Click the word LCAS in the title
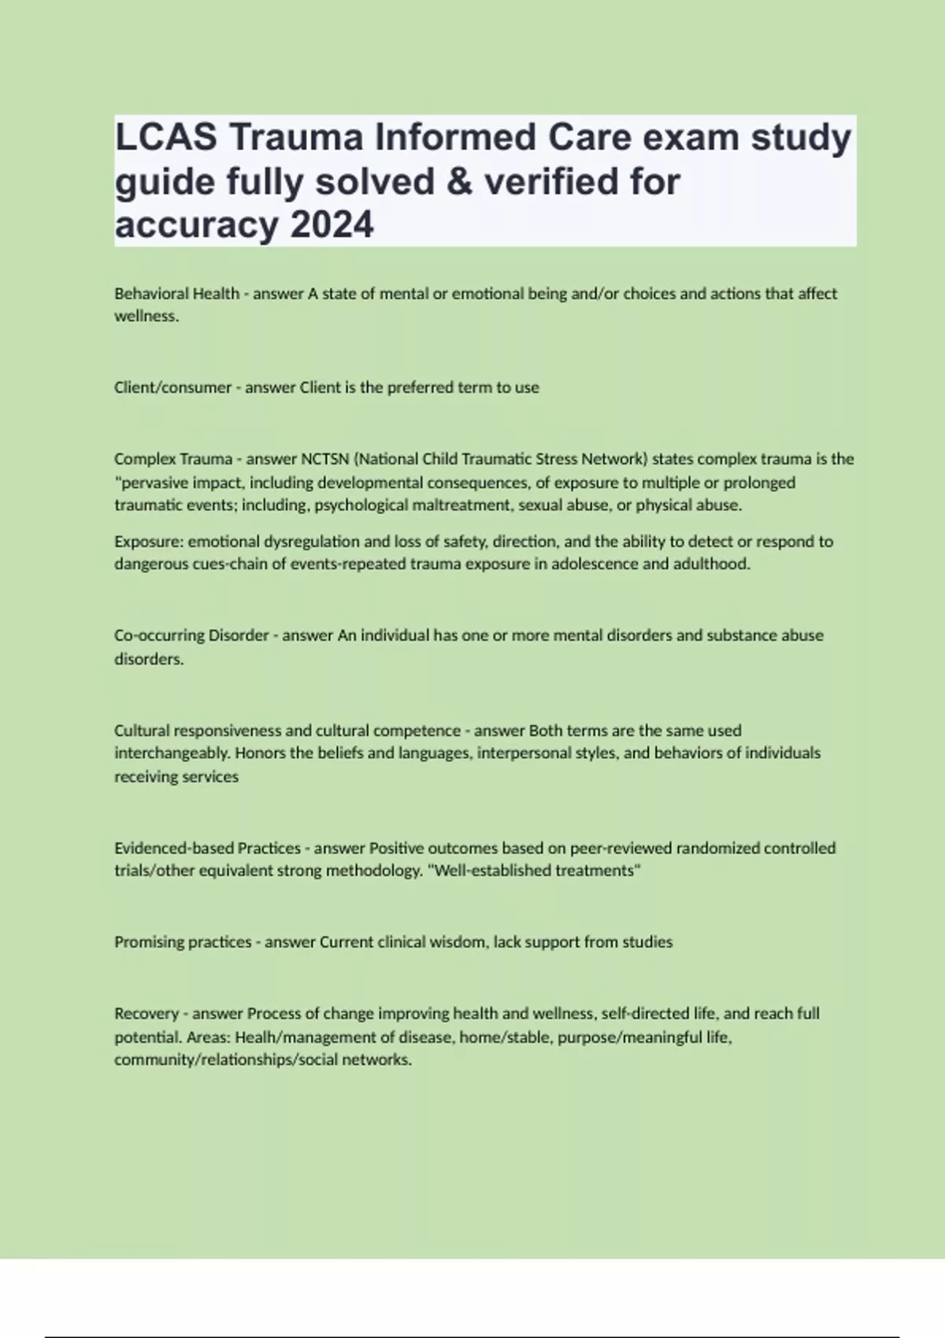[166, 138]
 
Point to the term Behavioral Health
[176, 294]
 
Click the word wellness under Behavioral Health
[146, 316]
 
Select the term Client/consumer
[172, 387]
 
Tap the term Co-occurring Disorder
[191, 635]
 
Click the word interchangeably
[172, 753]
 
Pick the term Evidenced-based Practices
[207, 848]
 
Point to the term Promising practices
[183, 942]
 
